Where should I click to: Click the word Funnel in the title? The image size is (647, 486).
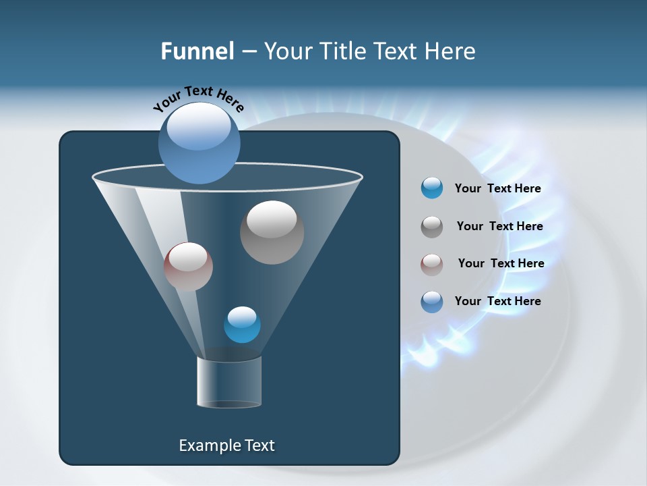pyautogui.click(x=197, y=51)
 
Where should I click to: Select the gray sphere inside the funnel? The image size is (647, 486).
pyautogui.click(x=272, y=233)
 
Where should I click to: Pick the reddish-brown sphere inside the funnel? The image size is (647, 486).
pyautogui.click(x=188, y=267)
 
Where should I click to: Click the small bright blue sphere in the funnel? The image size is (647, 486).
pyautogui.click(x=242, y=325)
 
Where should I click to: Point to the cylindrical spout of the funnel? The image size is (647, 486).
pyautogui.click(x=229, y=383)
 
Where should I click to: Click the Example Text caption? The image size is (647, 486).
pyautogui.click(x=226, y=446)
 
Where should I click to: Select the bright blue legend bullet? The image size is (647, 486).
pyautogui.click(x=432, y=188)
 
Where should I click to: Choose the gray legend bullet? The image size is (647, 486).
pyautogui.click(x=432, y=227)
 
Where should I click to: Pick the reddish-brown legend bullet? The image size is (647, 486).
pyautogui.click(x=432, y=264)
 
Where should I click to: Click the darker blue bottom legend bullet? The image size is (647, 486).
pyautogui.click(x=432, y=302)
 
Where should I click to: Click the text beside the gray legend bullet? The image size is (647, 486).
pyautogui.click(x=499, y=226)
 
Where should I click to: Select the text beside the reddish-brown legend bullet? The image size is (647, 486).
pyautogui.click(x=501, y=263)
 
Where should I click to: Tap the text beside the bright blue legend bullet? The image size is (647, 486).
pyautogui.click(x=497, y=188)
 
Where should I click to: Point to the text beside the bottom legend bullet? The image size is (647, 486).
pyautogui.click(x=497, y=301)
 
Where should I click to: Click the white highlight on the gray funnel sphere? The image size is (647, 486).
pyautogui.click(x=272, y=219)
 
